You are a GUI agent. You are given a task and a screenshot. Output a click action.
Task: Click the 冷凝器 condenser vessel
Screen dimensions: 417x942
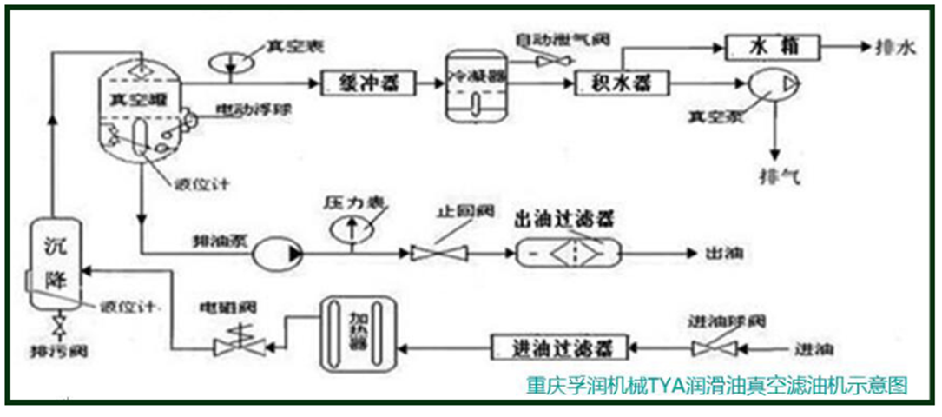click(x=475, y=86)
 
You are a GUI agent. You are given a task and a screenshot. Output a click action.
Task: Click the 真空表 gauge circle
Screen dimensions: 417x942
click(x=230, y=62)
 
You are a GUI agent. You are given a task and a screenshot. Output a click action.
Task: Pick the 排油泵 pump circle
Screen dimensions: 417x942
click(x=276, y=254)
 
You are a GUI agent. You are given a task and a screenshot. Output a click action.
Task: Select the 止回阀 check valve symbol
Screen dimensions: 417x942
click(x=437, y=253)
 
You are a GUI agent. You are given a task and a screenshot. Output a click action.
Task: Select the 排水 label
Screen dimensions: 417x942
click(x=899, y=49)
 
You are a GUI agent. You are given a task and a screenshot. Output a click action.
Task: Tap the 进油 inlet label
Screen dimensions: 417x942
click(x=813, y=348)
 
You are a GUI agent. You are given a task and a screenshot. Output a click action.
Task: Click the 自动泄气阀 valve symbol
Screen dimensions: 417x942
click(x=550, y=61)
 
